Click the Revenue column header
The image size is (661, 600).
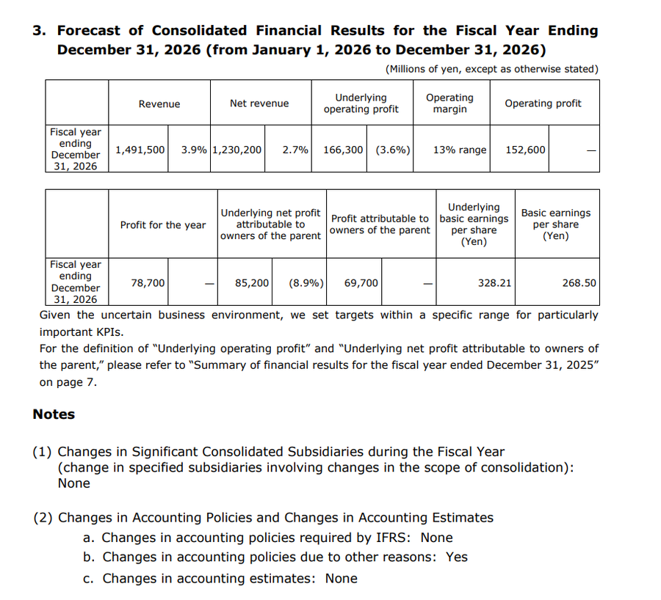(x=159, y=104)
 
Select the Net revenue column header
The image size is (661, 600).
(x=259, y=103)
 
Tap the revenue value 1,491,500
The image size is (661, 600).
(x=140, y=150)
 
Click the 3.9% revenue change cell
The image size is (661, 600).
(x=194, y=150)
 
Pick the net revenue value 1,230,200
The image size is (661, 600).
(x=236, y=150)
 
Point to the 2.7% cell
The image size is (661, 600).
(x=295, y=150)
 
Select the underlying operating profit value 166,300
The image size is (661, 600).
(x=343, y=150)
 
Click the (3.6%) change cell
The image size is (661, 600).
(x=393, y=150)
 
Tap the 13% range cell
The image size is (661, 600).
(x=460, y=150)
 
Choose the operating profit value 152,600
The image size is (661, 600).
(x=526, y=150)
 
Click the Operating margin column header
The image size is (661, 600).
(x=449, y=103)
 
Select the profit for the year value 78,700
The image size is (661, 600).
(x=148, y=282)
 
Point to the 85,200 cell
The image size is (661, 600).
(x=252, y=282)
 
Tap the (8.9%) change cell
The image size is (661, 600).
(x=307, y=282)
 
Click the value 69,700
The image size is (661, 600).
(x=361, y=282)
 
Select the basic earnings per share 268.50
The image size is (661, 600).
(x=579, y=282)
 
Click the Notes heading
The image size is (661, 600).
(x=54, y=414)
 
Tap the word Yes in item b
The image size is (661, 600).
(x=456, y=557)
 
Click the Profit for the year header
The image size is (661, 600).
(x=163, y=225)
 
